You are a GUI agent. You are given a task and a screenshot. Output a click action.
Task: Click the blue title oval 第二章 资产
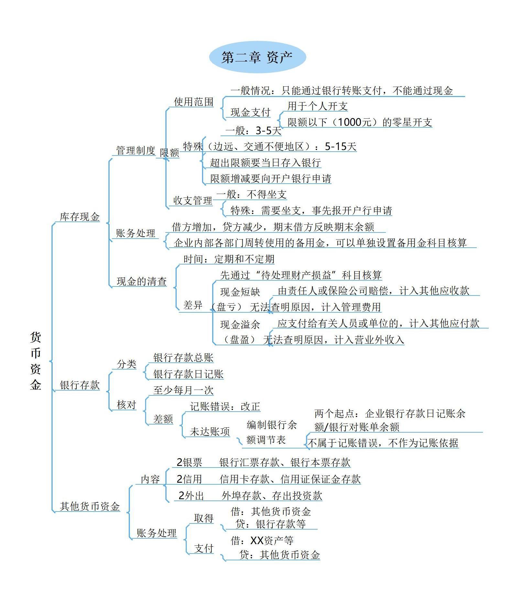(257, 57)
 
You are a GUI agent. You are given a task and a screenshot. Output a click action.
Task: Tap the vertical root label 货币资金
(36, 360)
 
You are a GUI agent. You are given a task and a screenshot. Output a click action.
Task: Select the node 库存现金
(80, 217)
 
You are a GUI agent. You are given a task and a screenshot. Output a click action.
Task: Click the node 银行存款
(80, 385)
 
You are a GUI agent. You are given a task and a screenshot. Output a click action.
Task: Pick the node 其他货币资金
(90, 506)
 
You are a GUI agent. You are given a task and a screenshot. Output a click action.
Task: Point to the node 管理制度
(136, 150)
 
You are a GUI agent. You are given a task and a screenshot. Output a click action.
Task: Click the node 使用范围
(194, 102)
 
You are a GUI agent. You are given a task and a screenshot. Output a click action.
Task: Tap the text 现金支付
(250, 112)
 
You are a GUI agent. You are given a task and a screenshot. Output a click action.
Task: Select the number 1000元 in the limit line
(354, 122)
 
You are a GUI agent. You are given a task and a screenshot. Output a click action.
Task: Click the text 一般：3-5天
(253, 130)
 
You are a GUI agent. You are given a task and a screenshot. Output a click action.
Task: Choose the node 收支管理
(192, 200)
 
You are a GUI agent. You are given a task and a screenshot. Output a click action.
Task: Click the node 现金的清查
(141, 281)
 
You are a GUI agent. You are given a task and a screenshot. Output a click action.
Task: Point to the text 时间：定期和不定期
(229, 259)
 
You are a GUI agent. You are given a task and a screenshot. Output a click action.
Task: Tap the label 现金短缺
(240, 292)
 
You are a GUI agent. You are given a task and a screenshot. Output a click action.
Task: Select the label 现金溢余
(240, 324)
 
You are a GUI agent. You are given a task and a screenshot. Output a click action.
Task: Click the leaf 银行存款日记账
(188, 374)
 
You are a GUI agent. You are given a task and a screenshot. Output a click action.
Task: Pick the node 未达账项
(210, 431)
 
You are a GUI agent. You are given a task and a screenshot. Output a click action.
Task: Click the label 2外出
(191, 496)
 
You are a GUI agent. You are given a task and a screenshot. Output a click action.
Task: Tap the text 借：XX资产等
(262, 540)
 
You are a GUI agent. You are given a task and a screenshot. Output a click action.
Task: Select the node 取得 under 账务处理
(203, 518)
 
